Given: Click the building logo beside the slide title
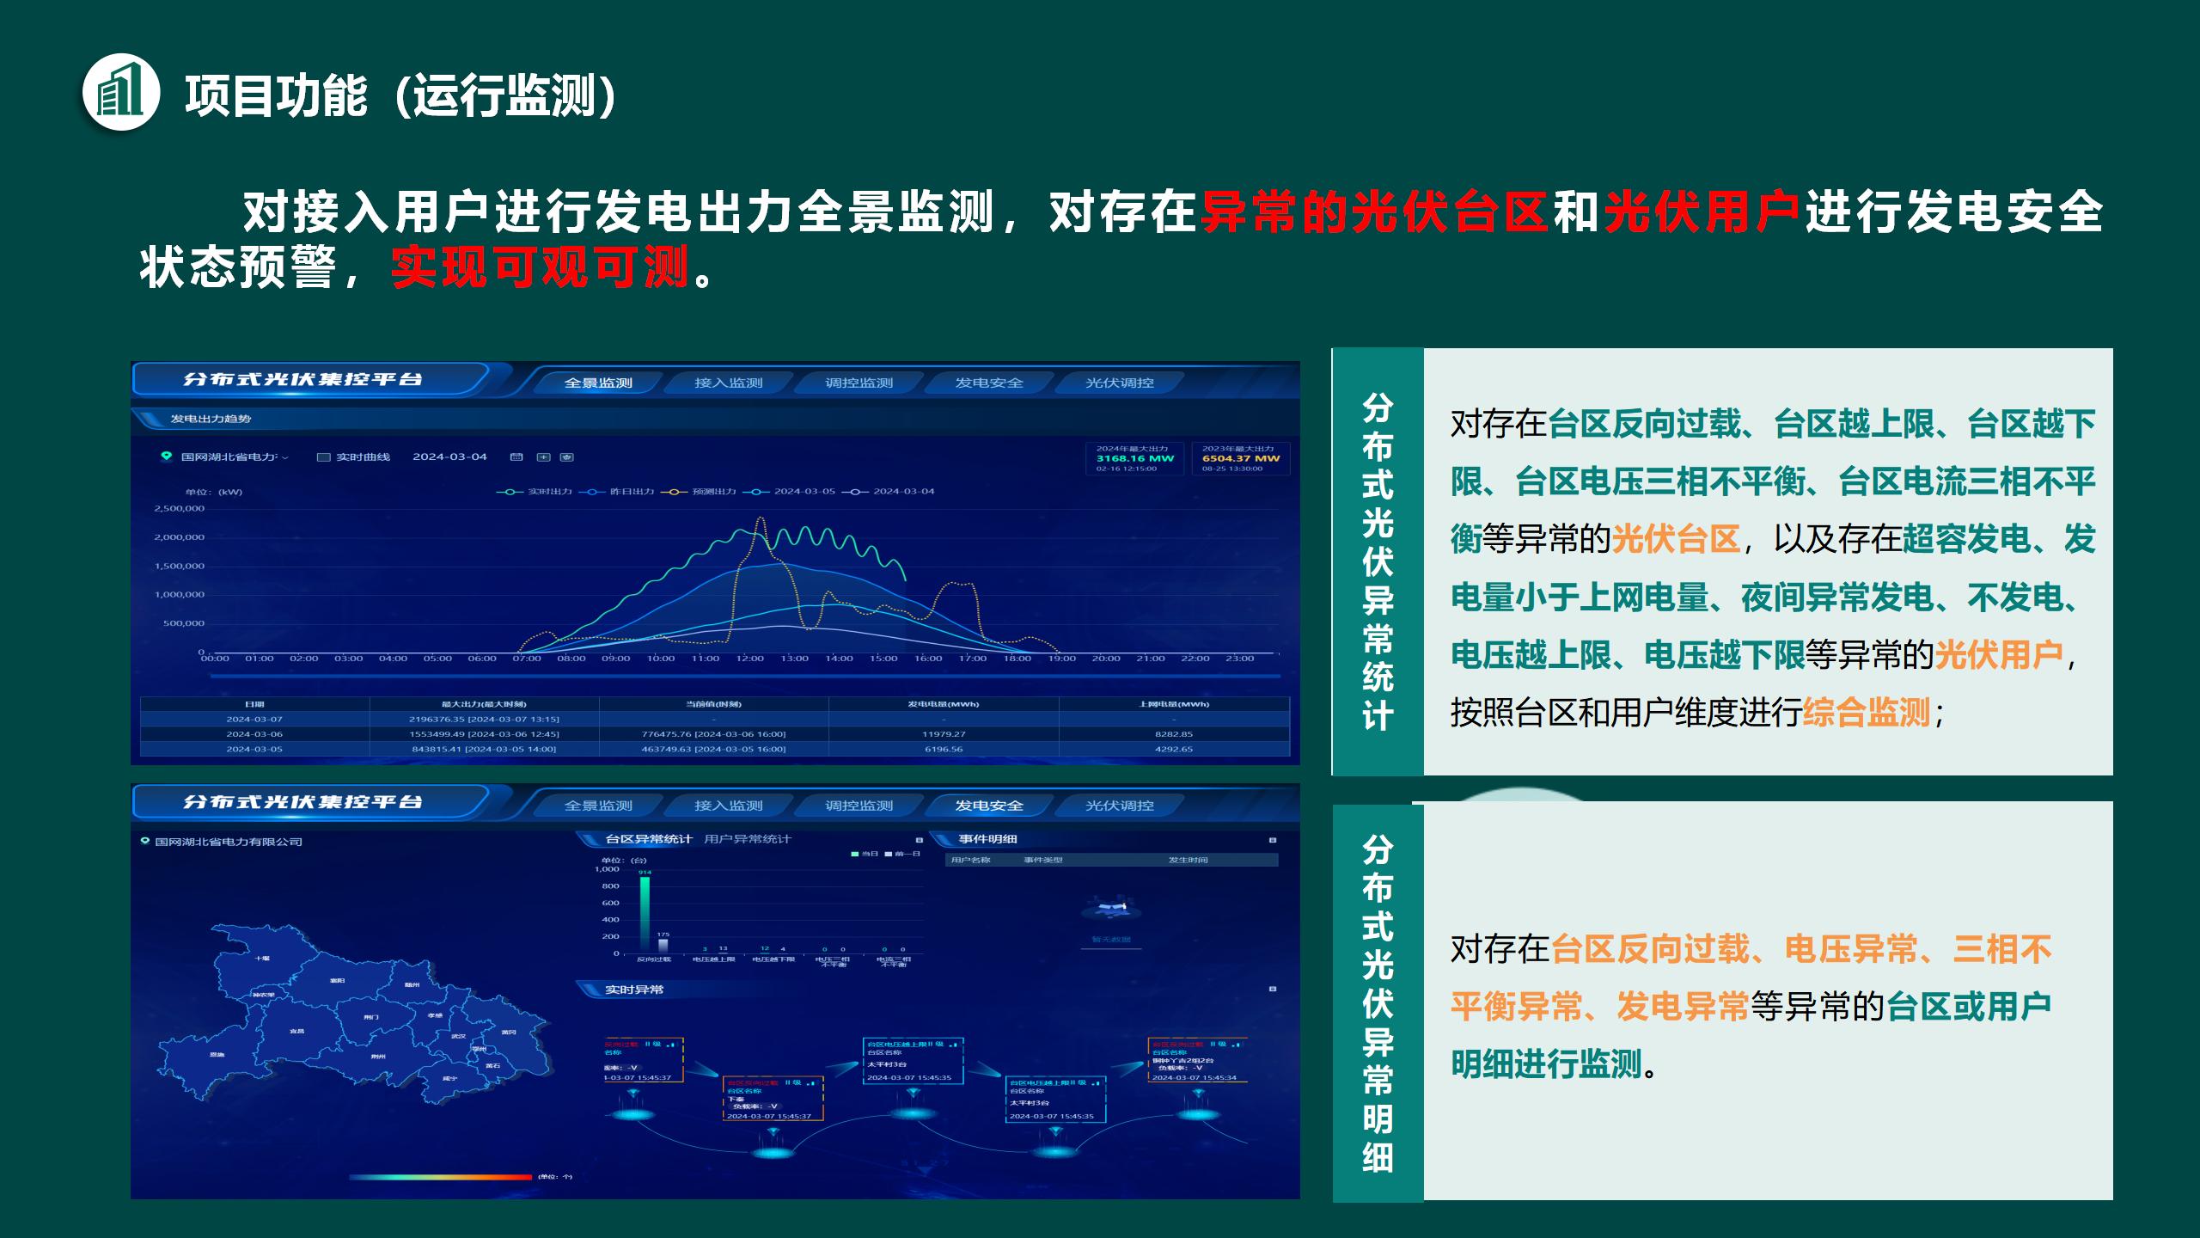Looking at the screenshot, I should [x=121, y=92].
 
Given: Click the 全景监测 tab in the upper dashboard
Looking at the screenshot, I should [x=598, y=383].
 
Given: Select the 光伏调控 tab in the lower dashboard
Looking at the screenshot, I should [x=1119, y=806].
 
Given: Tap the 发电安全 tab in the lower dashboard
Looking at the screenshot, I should [x=989, y=806].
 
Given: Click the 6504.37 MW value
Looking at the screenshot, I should [x=1240, y=458].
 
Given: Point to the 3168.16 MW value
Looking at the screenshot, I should [x=1134, y=458].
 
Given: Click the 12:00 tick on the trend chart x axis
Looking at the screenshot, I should [x=749, y=659].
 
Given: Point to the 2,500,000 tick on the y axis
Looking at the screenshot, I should [x=180, y=508].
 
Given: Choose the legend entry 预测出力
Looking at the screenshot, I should [x=713, y=492].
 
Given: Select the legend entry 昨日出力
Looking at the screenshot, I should [x=631, y=492].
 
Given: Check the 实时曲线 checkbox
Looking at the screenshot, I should [x=324, y=457].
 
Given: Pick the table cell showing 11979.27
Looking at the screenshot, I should [x=944, y=734].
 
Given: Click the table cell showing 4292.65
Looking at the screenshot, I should [x=1173, y=749].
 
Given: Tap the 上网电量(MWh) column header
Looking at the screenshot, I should [x=1173, y=704].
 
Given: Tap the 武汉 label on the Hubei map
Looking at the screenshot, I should [x=458, y=1036].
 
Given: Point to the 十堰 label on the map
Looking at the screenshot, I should [x=262, y=958].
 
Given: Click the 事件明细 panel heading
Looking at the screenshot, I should [x=987, y=839].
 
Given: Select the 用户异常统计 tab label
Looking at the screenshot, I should [x=747, y=839].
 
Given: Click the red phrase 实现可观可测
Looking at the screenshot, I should [x=540, y=267].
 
